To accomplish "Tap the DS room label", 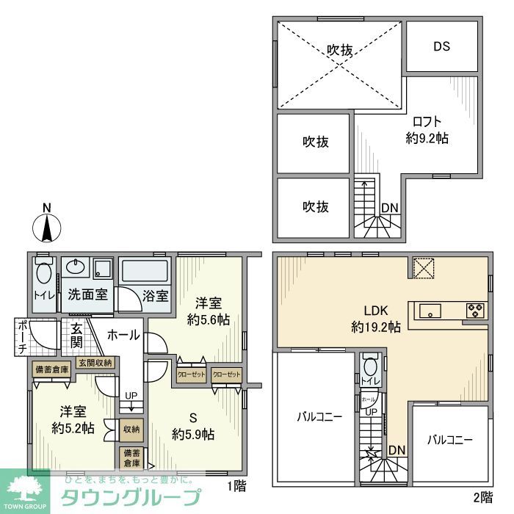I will click(441, 46).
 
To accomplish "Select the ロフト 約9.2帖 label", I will click(427, 129).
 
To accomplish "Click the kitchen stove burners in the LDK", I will click(475, 311).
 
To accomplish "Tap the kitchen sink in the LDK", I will click(430, 311).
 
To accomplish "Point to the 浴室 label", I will click(156, 296).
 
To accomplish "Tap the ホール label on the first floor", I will click(123, 335).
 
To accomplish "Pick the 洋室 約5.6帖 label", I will click(209, 311).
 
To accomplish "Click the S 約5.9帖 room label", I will click(193, 427).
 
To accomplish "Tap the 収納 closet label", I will click(131, 429).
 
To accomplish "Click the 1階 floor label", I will click(236, 485).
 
